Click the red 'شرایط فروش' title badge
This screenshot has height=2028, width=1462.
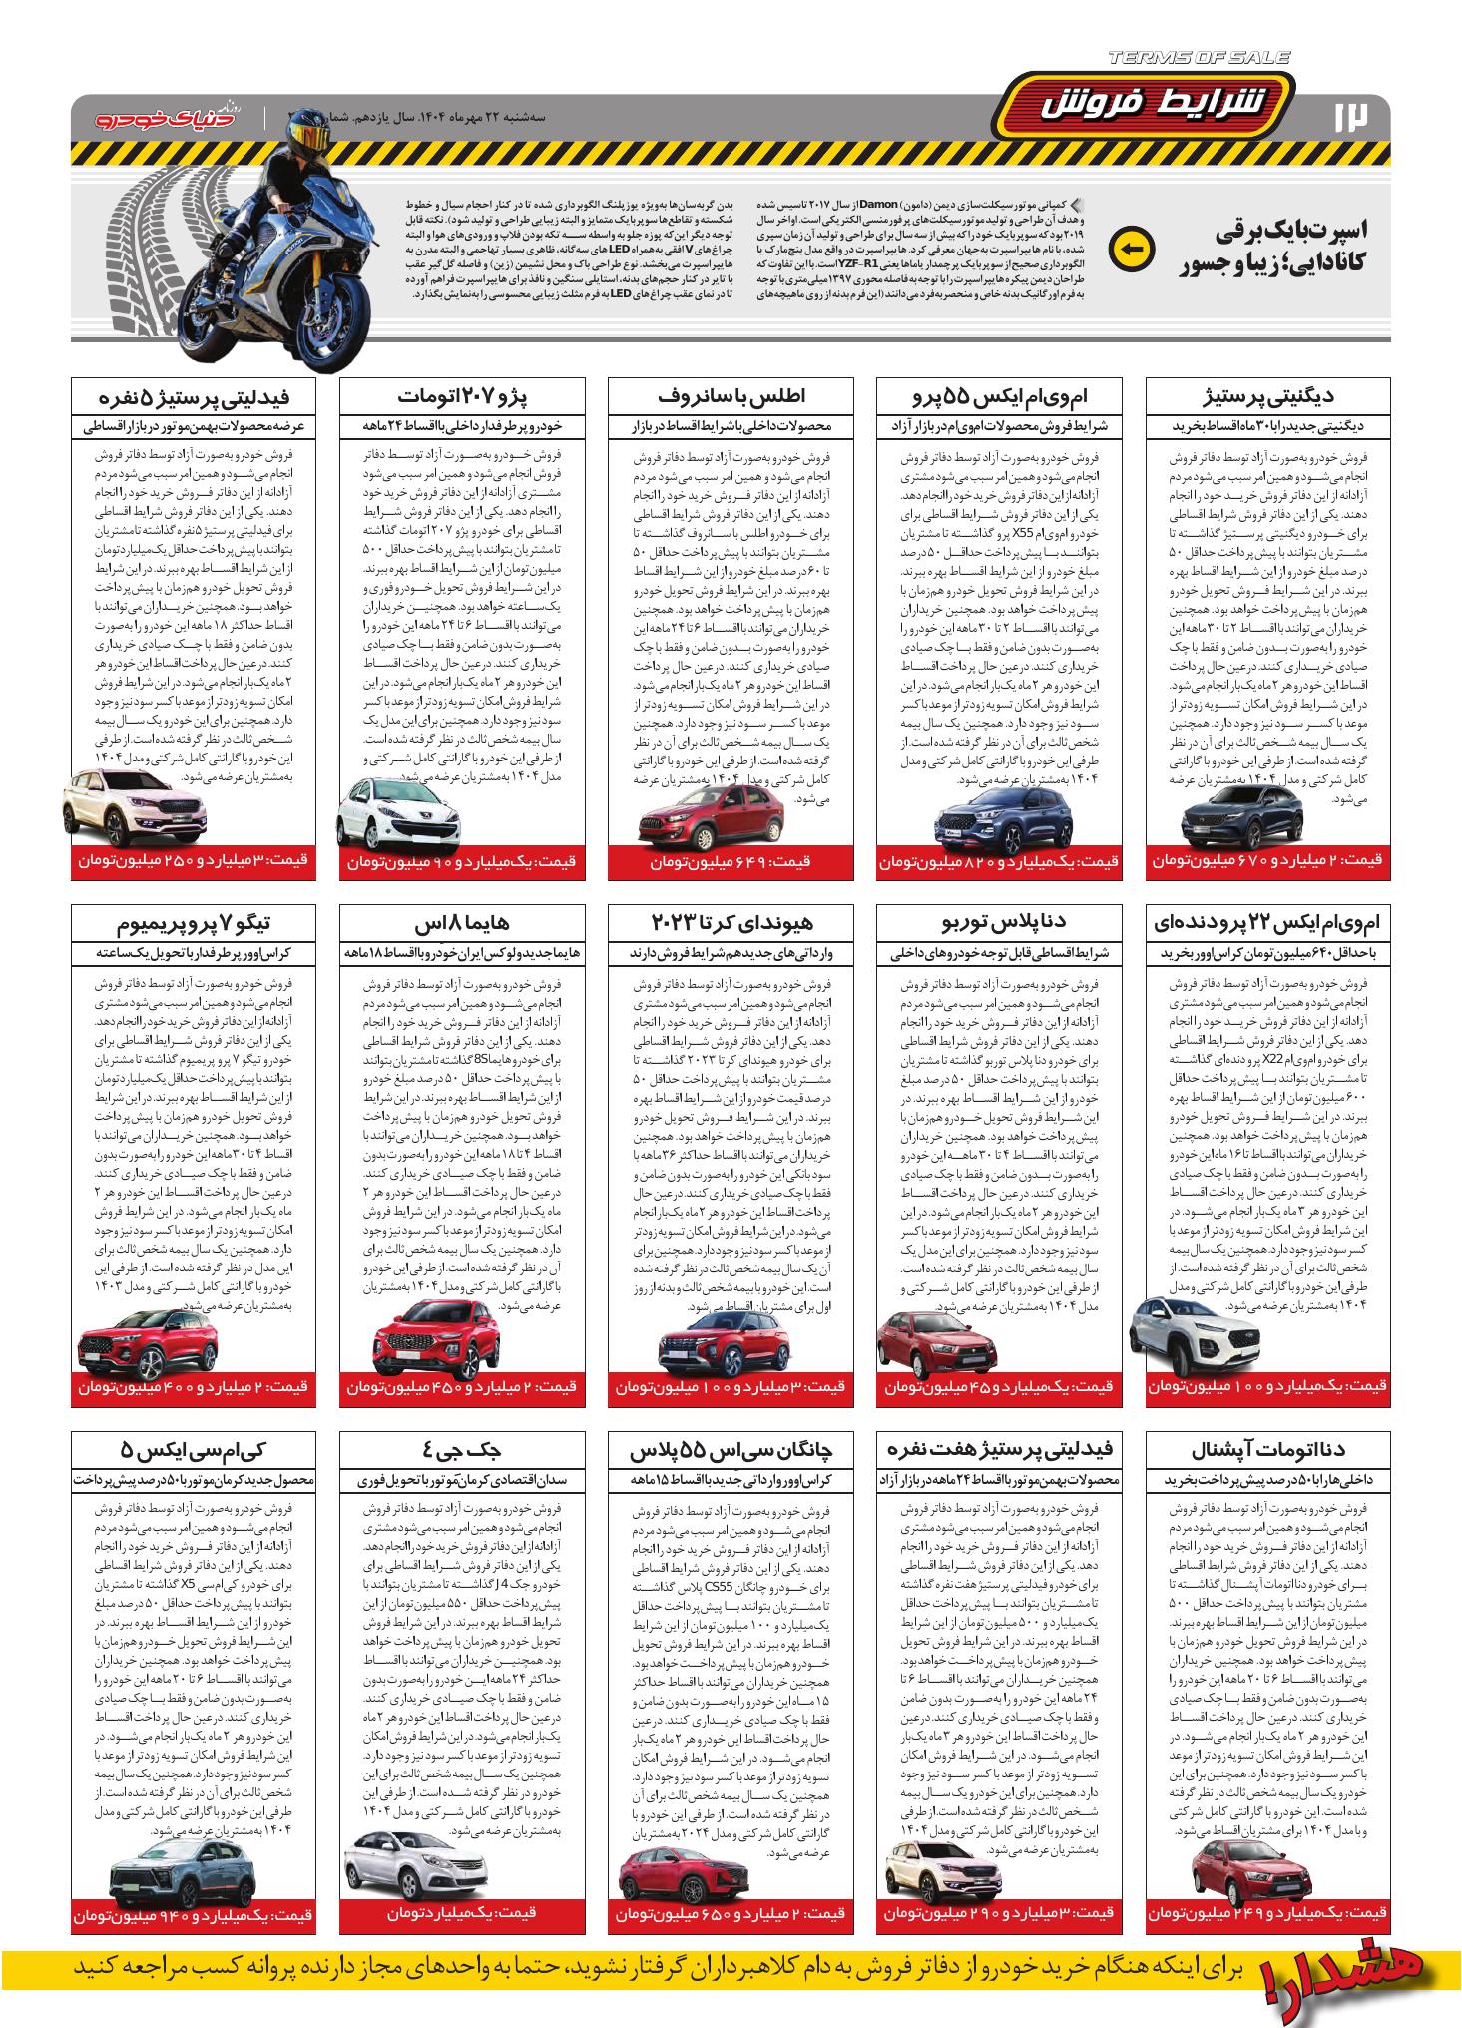point(1161,104)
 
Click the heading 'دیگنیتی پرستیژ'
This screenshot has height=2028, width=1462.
point(1268,396)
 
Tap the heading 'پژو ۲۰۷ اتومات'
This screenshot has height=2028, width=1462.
point(462,396)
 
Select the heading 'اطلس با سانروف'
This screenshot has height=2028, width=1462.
point(731,396)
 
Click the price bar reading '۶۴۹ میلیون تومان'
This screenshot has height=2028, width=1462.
point(731,861)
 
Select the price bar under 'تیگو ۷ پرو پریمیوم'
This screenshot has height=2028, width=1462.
point(194,1387)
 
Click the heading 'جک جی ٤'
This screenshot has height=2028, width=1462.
point(462,1450)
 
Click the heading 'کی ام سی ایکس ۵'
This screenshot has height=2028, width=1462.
point(194,1450)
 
